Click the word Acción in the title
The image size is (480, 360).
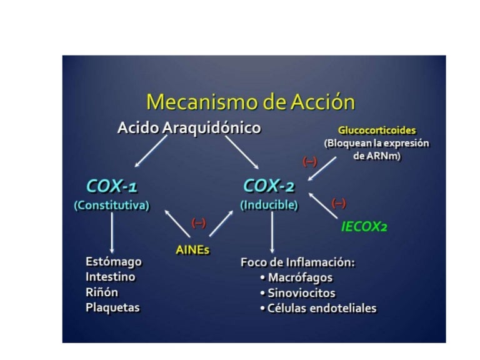pyautogui.click(x=322, y=101)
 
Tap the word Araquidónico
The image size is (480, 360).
pyautogui.click(x=211, y=128)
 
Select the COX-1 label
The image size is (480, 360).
pyautogui.click(x=112, y=186)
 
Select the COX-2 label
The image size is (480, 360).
pyautogui.click(x=269, y=186)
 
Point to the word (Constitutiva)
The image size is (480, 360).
pyautogui.click(x=112, y=205)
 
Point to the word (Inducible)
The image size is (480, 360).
pyautogui.click(x=269, y=205)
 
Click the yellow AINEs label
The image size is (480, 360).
pyautogui.click(x=192, y=250)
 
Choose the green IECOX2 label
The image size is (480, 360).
pyautogui.click(x=364, y=227)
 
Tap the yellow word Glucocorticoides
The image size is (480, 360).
pyautogui.click(x=377, y=131)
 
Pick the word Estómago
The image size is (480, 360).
pyautogui.click(x=114, y=262)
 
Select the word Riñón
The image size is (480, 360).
pyautogui.click(x=102, y=292)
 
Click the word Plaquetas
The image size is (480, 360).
pyautogui.click(x=112, y=307)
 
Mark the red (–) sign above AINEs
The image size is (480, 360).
pyautogui.click(x=199, y=223)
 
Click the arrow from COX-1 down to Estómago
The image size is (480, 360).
pyautogui.click(x=112, y=232)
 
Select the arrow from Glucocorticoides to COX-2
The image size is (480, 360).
pyautogui.click(x=322, y=169)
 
